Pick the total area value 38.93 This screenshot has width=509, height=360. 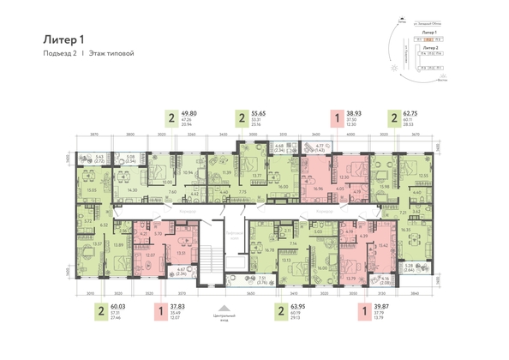point(352,113)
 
